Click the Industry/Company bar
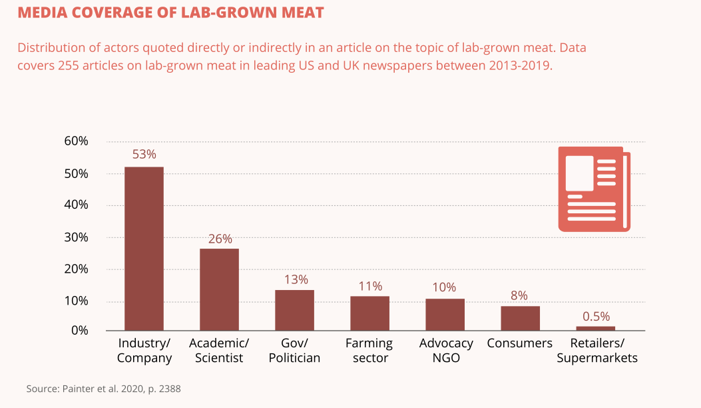click(x=144, y=249)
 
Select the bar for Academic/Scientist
click(x=219, y=289)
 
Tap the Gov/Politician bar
click(x=294, y=310)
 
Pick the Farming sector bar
click(x=369, y=313)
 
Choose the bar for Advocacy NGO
click(x=445, y=315)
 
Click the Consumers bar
click(x=520, y=318)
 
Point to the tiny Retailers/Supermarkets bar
click(x=595, y=328)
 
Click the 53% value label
click(x=144, y=154)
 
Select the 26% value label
click(x=220, y=239)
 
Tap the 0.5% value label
click(x=596, y=317)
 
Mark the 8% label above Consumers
click(x=520, y=295)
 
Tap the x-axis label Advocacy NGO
click(x=446, y=351)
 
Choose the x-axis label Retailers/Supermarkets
click(x=596, y=351)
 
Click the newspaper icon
click(x=594, y=189)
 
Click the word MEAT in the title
click(x=300, y=13)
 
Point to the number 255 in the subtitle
click(x=70, y=66)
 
